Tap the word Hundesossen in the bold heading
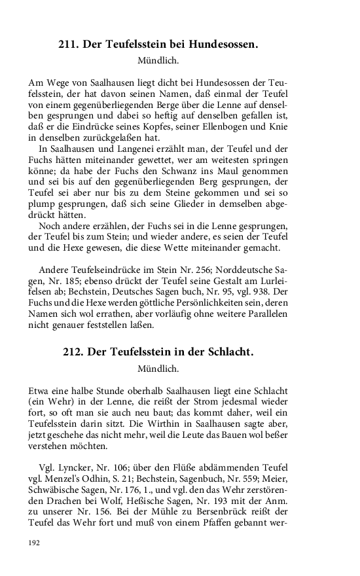[223, 45]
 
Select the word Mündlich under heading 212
[158, 369]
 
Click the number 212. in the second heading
[73, 352]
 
